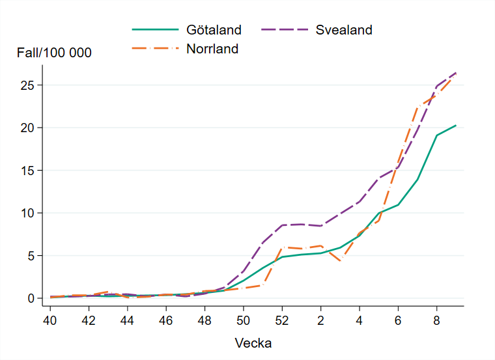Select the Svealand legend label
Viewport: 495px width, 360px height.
pos(344,30)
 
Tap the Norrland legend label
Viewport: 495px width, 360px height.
pos(212,49)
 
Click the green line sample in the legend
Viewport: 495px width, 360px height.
pos(155,30)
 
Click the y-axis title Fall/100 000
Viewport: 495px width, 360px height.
pos(54,53)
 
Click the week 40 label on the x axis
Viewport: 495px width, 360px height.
pos(50,320)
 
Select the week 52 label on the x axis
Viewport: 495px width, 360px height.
pos(281,320)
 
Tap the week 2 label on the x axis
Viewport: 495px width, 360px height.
pos(320,320)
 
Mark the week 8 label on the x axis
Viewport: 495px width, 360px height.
pos(436,320)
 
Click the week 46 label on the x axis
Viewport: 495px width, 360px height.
pos(166,320)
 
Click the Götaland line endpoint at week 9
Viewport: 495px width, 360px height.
pos(455,125)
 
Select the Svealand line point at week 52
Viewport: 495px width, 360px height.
pos(281,225)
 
